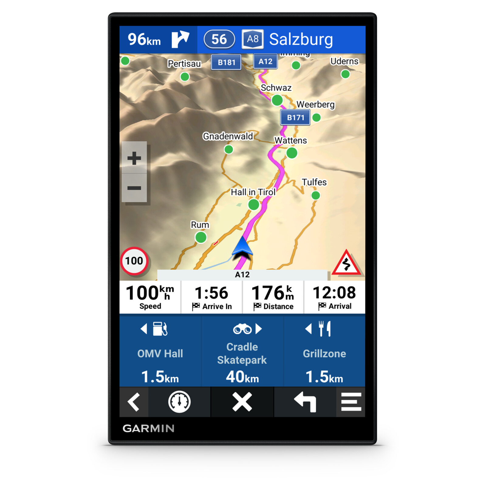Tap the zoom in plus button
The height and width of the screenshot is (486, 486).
(134, 158)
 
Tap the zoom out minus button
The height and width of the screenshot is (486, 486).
(134, 188)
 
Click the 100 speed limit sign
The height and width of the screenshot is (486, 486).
(134, 261)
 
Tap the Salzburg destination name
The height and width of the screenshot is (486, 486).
(301, 39)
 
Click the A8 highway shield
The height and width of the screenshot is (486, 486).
(252, 39)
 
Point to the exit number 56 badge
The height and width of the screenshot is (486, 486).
(219, 39)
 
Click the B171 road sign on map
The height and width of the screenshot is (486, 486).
(295, 118)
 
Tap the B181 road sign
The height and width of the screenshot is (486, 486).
(226, 62)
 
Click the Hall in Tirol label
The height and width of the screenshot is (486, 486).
(253, 192)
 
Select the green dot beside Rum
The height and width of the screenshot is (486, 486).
(201, 237)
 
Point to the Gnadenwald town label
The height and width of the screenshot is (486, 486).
(228, 136)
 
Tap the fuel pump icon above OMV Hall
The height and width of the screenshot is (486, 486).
(160, 329)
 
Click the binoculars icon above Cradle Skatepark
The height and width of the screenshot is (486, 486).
(242, 329)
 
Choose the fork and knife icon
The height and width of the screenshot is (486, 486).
(324, 329)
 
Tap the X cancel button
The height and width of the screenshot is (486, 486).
(242, 402)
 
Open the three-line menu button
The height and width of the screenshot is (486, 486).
(351, 402)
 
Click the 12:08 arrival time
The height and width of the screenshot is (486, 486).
(334, 293)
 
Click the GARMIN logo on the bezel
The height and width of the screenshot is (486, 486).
(149, 428)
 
